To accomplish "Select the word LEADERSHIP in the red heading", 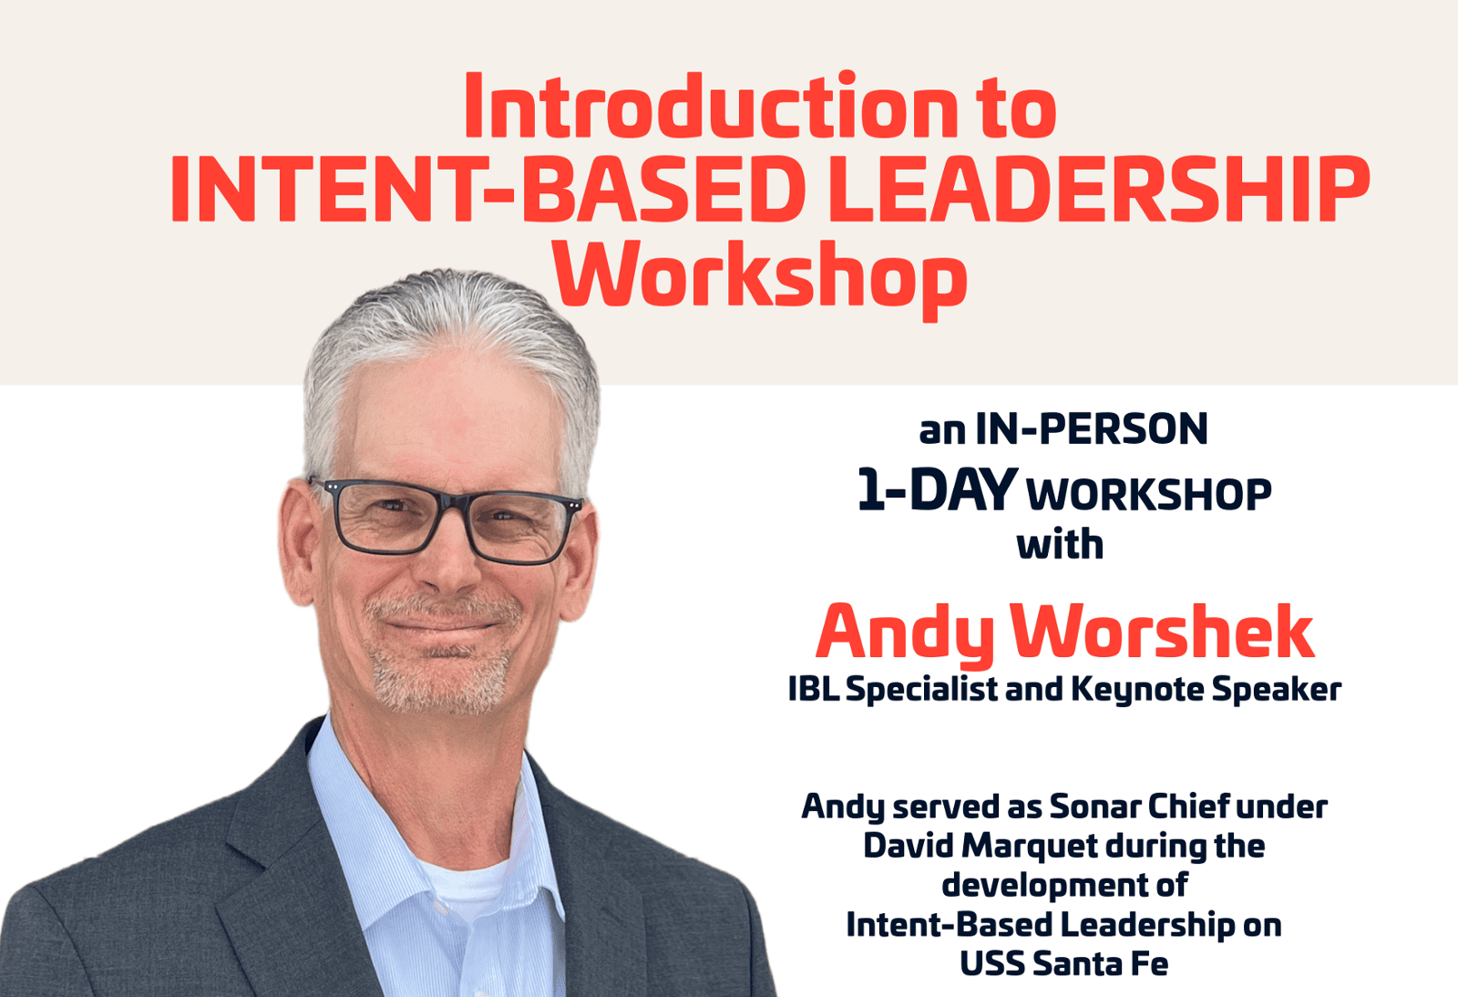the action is coord(1099,190).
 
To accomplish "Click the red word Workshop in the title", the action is coord(760,278).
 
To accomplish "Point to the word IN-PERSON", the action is coord(1092,429).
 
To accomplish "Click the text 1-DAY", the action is coord(938,488).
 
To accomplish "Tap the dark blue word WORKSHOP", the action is coord(1149,495).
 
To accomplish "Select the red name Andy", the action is coord(904,632).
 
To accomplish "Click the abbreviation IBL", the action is coord(814,688).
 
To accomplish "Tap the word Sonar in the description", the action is coord(1093,807).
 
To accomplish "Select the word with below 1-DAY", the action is coord(1061,544).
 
